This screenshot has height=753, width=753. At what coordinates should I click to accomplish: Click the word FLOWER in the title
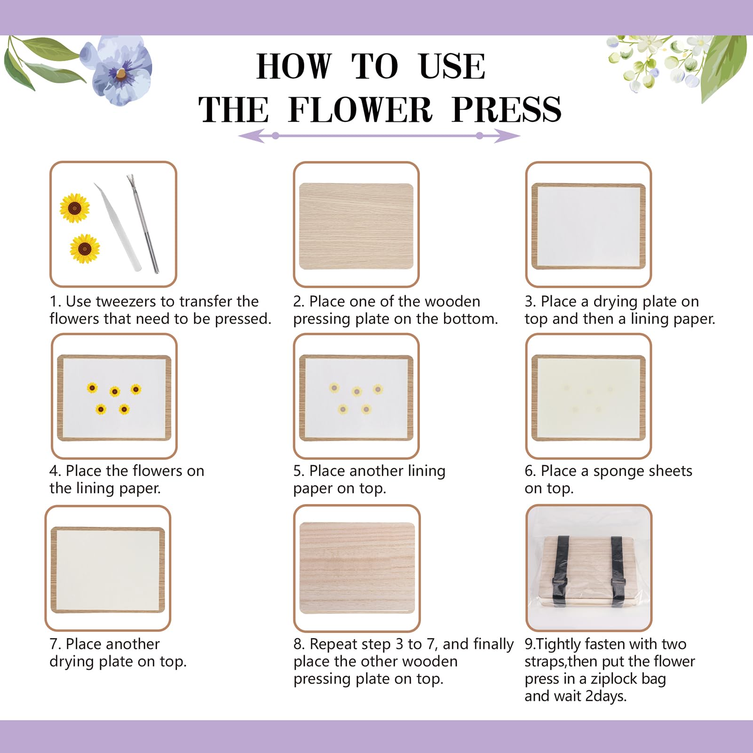tap(360, 110)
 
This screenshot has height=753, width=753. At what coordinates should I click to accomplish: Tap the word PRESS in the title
tap(507, 110)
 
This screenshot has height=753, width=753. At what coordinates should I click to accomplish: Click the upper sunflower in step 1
tap(75, 208)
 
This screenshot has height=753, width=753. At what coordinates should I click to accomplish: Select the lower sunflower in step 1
tap(85, 248)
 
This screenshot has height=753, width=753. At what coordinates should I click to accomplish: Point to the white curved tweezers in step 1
tap(118, 226)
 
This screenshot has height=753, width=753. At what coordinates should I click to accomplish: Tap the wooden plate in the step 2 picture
tap(356, 226)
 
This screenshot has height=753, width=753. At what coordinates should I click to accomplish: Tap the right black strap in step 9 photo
tap(618, 569)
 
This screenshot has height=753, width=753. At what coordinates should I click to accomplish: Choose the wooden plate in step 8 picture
tap(357, 568)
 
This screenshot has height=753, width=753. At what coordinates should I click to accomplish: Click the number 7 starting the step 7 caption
tap(54, 644)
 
